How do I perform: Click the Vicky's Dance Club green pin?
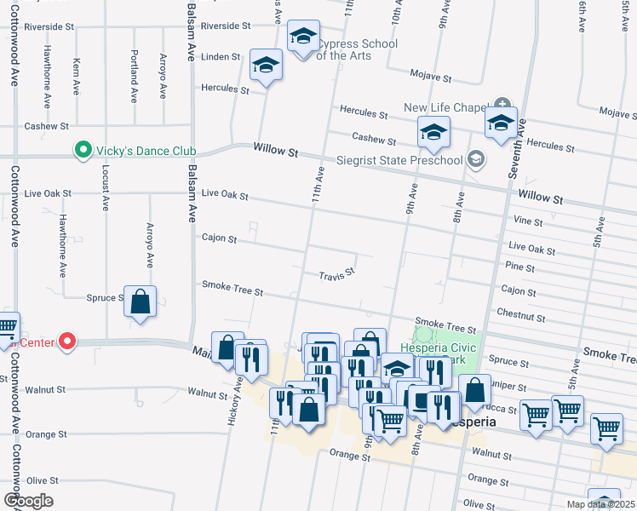83,151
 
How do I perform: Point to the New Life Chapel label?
445,107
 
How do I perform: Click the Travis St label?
336,276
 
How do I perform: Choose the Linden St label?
221,57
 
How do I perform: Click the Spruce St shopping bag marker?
141,301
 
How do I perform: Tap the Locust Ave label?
106,190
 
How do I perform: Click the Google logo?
28,501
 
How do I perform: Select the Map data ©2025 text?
600,504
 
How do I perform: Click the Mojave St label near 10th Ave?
431,76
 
